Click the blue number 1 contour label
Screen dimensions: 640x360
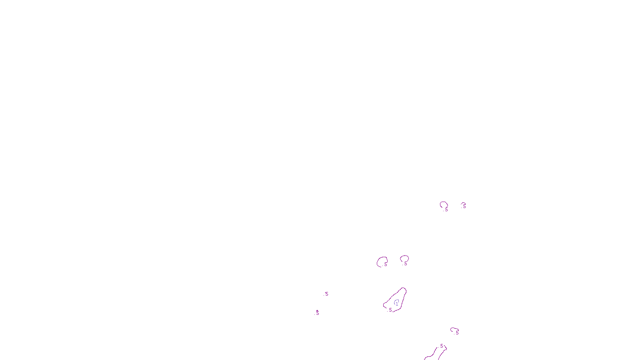pyautogui.click(x=397, y=303)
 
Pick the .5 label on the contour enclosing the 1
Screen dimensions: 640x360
pyautogui.click(x=390, y=310)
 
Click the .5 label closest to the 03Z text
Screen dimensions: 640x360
pyautogui.click(x=317, y=313)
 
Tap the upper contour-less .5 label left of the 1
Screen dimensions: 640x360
pyautogui.click(x=326, y=294)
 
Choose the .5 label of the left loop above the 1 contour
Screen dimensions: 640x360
pyautogui.click(x=385, y=264)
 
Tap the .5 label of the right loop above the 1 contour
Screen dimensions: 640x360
pyautogui.click(x=405, y=264)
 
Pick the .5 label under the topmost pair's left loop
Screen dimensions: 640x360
pyautogui.click(x=446, y=209)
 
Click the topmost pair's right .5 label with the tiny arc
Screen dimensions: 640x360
pyautogui.click(x=464, y=206)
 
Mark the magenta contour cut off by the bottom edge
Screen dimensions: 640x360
pyautogui.click(x=434, y=354)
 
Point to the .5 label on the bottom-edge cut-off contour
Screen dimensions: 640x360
pyautogui.click(x=441, y=346)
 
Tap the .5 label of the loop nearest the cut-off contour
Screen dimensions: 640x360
pyautogui.click(x=457, y=333)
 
